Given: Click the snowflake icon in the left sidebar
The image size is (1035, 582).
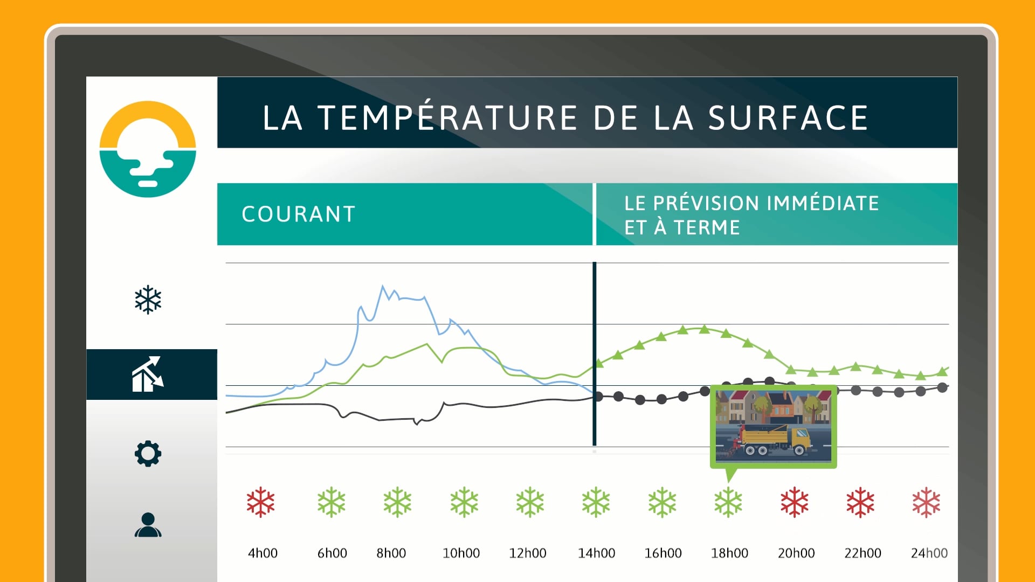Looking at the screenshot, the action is (x=148, y=300).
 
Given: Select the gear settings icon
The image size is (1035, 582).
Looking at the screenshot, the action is (x=148, y=454).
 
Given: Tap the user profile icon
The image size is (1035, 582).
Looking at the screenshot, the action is (x=148, y=525).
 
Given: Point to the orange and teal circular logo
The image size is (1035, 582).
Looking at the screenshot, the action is (x=148, y=149).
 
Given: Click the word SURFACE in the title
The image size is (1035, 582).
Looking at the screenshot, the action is (x=788, y=118).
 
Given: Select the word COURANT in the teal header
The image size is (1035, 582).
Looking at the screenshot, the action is (x=299, y=214).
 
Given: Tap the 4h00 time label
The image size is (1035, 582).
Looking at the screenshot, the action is (x=263, y=553).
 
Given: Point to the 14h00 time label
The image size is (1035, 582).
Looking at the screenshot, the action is (x=596, y=553).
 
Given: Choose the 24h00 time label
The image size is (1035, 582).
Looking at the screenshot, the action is (x=929, y=553).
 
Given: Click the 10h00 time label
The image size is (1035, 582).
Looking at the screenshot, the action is (x=461, y=553).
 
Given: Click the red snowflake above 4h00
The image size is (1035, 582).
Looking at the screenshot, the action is (x=261, y=502).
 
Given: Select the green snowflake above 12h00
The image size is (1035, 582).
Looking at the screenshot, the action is (x=530, y=502).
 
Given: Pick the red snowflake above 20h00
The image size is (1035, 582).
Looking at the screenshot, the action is (x=795, y=502).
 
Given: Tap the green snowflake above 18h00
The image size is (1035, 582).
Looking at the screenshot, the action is (x=728, y=502).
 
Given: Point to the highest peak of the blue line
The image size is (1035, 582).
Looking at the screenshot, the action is (x=383, y=286).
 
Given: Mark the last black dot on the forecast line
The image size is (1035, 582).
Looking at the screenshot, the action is (x=942, y=387).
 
